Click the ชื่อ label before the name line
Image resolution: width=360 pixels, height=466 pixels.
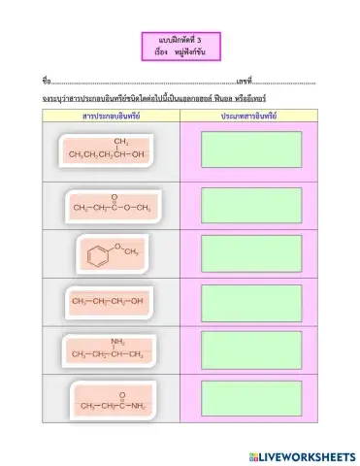pyautogui.click(x=46, y=80)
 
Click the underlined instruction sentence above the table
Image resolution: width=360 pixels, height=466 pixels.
pyautogui.click(x=154, y=99)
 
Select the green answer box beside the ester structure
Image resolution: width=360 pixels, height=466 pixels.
pyautogui.click(x=251, y=204)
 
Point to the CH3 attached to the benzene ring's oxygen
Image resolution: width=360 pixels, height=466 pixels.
pyautogui.click(x=132, y=252)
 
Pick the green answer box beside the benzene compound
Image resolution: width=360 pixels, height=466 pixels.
pyautogui.click(x=251, y=253)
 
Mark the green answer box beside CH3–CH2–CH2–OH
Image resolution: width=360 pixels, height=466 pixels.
pyautogui.click(x=251, y=302)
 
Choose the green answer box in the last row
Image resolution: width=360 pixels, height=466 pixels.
pyautogui.click(x=251, y=396)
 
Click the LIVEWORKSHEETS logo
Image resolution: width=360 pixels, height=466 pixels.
pyautogui.click(x=302, y=454)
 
